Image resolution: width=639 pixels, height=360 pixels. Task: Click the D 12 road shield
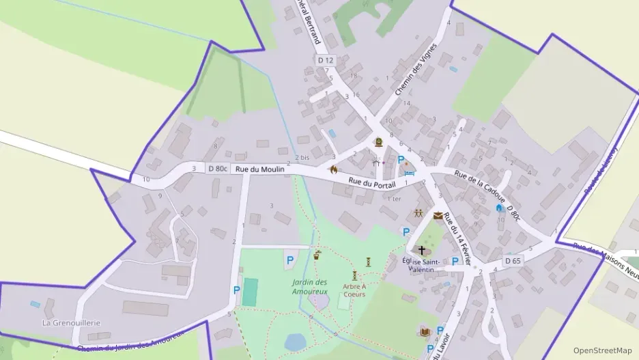(x=326, y=60)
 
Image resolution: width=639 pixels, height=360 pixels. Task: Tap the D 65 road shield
(x=513, y=261)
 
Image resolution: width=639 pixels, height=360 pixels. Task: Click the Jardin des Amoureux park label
(x=310, y=287)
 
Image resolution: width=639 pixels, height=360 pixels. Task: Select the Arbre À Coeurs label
(x=355, y=290)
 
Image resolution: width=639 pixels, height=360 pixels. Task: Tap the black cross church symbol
(x=421, y=251)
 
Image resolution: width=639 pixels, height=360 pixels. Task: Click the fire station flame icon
(x=334, y=169)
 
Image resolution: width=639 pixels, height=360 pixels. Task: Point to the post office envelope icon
(x=438, y=215)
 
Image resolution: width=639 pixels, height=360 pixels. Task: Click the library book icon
(x=425, y=332)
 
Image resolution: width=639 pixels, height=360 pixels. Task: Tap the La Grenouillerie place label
(x=72, y=322)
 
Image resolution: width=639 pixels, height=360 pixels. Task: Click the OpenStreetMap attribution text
(x=602, y=350)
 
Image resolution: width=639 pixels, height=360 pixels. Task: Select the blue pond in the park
(x=295, y=341)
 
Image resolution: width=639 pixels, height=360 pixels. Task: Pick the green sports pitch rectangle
(x=250, y=292)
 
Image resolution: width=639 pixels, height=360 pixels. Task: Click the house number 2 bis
(x=302, y=158)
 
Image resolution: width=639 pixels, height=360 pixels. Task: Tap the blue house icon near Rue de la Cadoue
(x=500, y=207)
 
